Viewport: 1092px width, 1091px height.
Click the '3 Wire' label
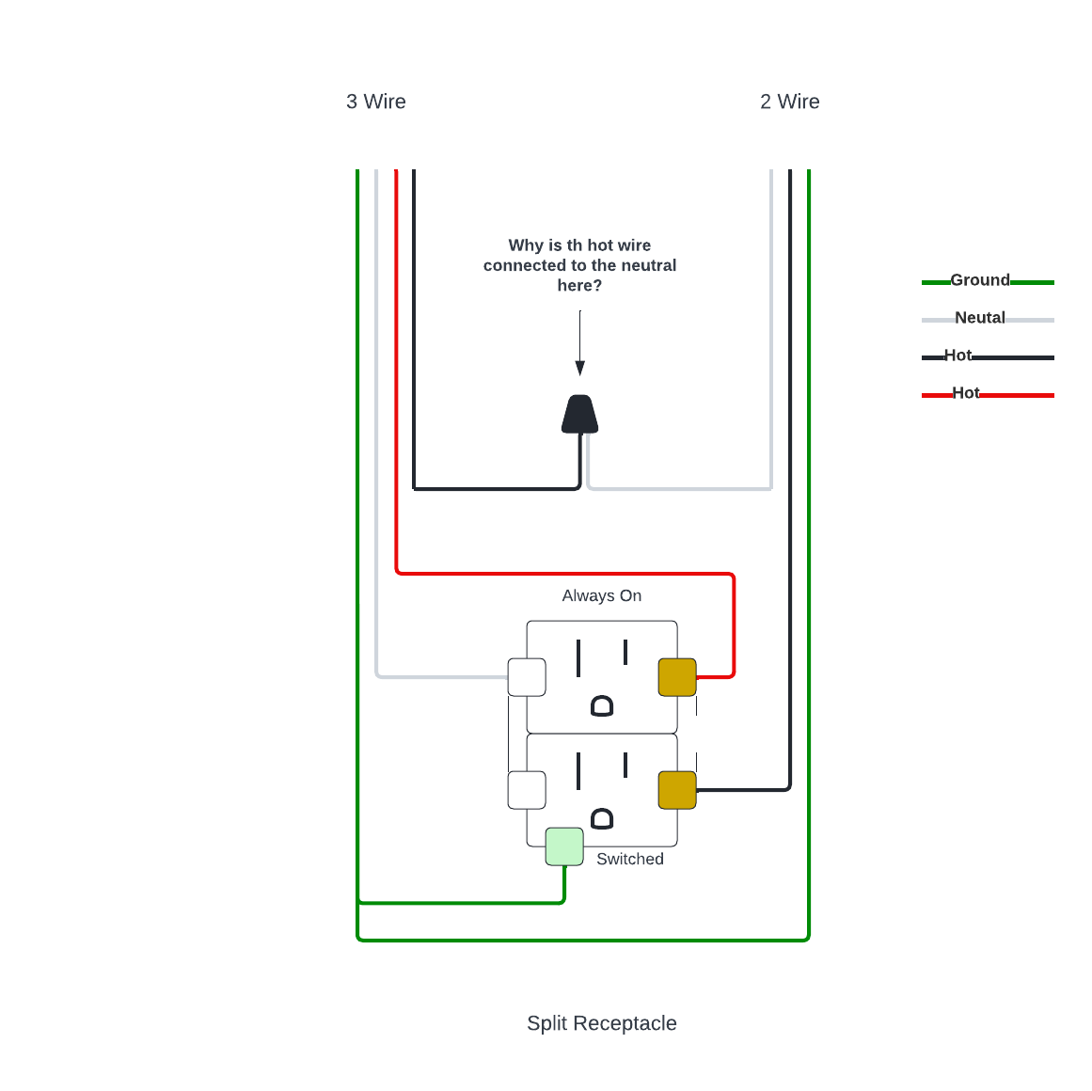pyautogui.click(x=376, y=102)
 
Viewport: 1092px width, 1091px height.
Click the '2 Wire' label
pyautogui.click(x=789, y=102)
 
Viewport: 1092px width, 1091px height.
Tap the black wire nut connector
pyautogui.click(x=580, y=415)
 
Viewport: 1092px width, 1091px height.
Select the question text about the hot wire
pyautogui.click(x=579, y=265)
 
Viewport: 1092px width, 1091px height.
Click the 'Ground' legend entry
pyautogui.click(x=980, y=280)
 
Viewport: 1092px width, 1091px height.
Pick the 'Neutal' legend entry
pyautogui.click(x=980, y=318)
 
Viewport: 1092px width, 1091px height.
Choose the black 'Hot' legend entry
pyautogui.click(x=957, y=356)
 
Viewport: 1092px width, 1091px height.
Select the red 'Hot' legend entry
pyautogui.click(x=965, y=393)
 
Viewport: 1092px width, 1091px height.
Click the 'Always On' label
pyautogui.click(x=602, y=595)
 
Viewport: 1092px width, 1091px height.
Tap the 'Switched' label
pyautogui.click(x=630, y=859)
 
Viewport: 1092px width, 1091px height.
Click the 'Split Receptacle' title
pyautogui.click(x=602, y=1023)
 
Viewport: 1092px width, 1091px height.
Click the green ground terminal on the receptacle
pyautogui.click(x=564, y=846)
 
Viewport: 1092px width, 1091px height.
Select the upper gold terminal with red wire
pyautogui.click(x=677, y=677)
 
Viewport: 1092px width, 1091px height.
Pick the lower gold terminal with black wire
pyautogui.click(x=677, y=790)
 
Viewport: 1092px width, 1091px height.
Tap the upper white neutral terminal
pyautogui.click(x=527, y=677)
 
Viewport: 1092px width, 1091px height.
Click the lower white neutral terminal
pyautogui.click(x=527, y=790)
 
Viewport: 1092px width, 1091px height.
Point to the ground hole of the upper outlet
pyautogui.click(x=602, y=705)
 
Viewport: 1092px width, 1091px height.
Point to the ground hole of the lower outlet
pyautogui.click(x=602, y=818)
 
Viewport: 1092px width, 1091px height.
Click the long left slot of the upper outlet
pyautogui.click(x=578, y=657)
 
